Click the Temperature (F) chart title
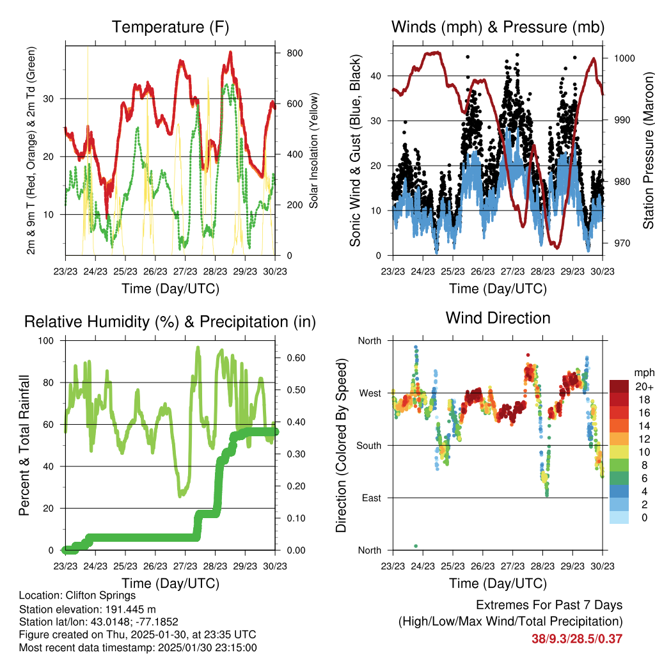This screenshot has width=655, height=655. pyautogui.click(x=170, y=28)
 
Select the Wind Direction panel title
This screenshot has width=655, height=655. pyautogui.click(x=498, y=318)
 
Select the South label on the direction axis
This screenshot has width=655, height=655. pyautogui.click(x=368, y=445)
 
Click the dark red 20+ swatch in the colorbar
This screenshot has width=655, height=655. pyautogui.click(x=620, y=386)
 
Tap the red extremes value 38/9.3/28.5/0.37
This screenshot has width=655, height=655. pyautogui.click(x=577, y=638)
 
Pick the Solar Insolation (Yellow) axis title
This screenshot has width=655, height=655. pyautogui.click(x=314, y=151)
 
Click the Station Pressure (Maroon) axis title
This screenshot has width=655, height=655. pyautogui.click(x=648, y=151)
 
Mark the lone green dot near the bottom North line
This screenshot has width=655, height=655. pyautogui.click(x=416, y=546)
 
